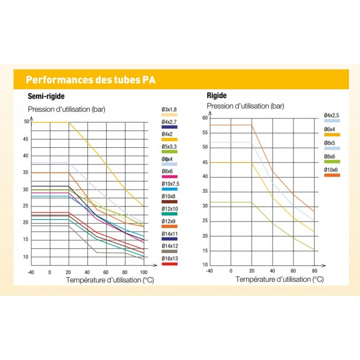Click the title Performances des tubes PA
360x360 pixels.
(90, 79)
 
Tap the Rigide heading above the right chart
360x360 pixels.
(217, 96)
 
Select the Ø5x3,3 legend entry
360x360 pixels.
(169, 146)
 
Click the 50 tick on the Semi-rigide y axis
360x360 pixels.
(26, 122)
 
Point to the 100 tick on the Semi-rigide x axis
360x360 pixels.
(143, 272)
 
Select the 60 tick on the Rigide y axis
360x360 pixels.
(204, 117)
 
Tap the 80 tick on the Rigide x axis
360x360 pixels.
(314, 271)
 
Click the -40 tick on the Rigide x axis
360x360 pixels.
(209, 271)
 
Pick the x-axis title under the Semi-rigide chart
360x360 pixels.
(110, 280)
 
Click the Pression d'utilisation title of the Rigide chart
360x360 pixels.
(245, 105)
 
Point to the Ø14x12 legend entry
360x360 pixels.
(169, 245)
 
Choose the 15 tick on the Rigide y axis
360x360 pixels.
(204, 250)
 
